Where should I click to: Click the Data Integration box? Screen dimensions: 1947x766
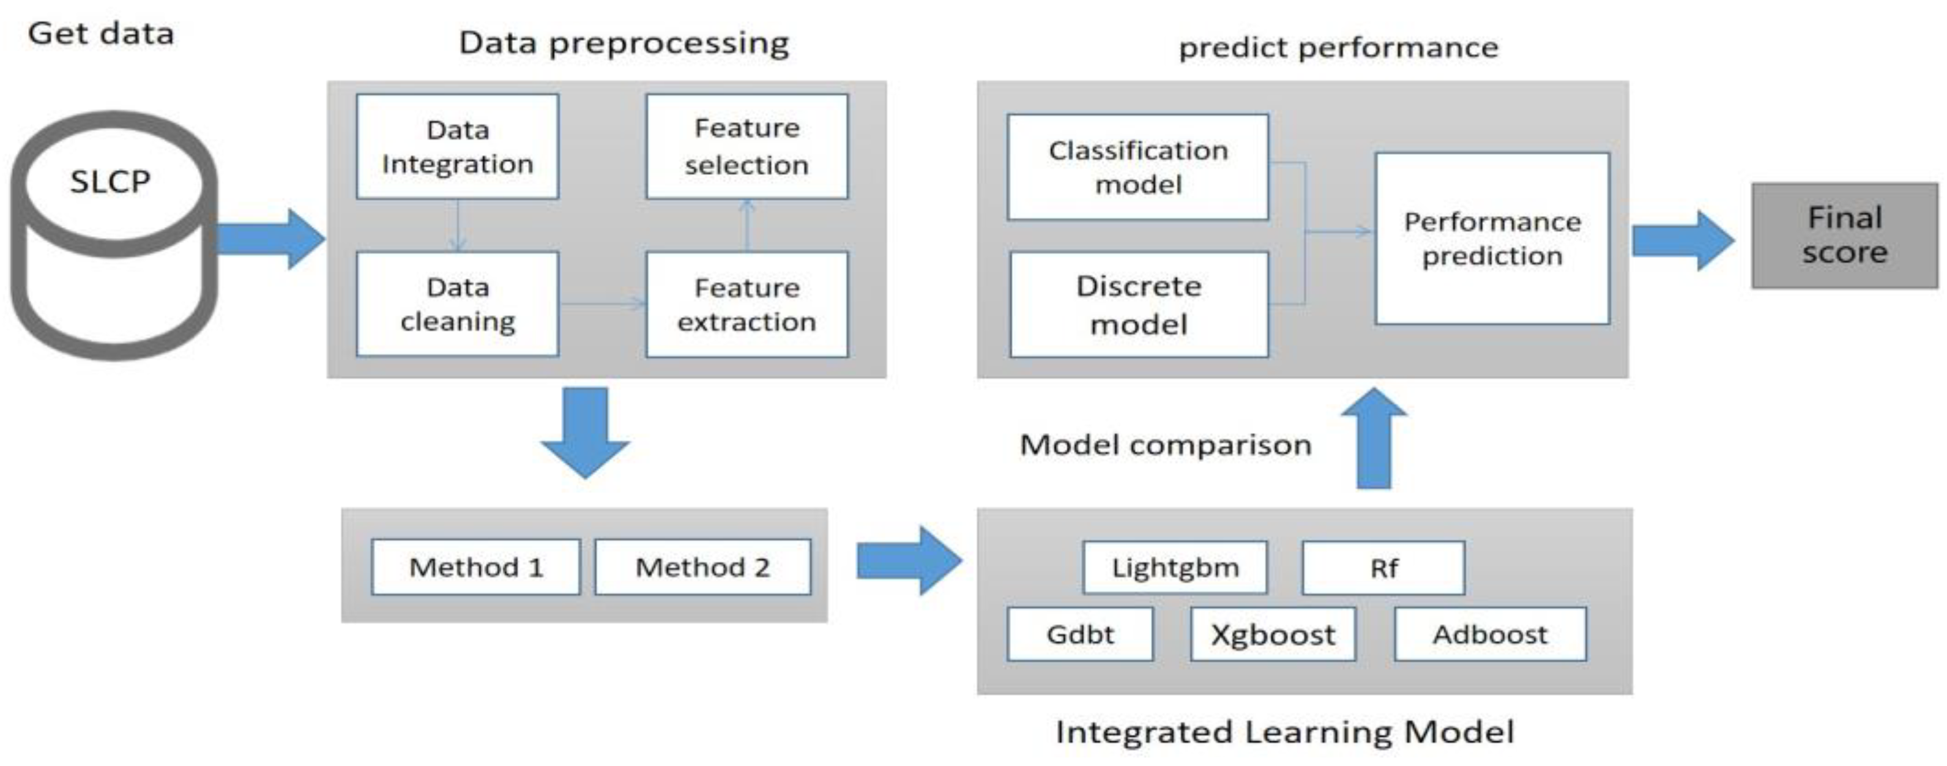pos(457,147)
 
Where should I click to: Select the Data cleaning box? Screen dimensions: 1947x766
pos(457,303)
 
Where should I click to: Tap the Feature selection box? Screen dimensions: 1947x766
pos(746,147)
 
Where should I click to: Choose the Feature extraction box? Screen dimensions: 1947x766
pos(746,303)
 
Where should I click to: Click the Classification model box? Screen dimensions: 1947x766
pos(1137,167)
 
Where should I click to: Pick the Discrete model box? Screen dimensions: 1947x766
pos(1138,305)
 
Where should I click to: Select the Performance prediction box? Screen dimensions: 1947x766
pos(1492,239)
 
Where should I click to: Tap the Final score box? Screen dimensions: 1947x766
pos(1844,235)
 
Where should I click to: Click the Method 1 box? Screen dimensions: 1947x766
pos(475,567)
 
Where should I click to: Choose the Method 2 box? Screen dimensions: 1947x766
pos(702,567)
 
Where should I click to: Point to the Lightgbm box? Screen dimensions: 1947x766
pos(1175,567)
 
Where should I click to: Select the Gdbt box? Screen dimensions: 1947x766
pos(1080,634)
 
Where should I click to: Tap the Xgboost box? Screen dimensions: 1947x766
pos(1273,634)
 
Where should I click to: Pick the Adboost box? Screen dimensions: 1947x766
pos(1490,634)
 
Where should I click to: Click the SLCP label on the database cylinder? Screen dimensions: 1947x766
pos(110,181)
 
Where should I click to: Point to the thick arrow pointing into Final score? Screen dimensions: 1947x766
pos(1683,241)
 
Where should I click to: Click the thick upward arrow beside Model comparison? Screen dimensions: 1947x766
pos(1374,438)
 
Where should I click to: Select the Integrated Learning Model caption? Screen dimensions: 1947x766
pos(1284,732)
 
